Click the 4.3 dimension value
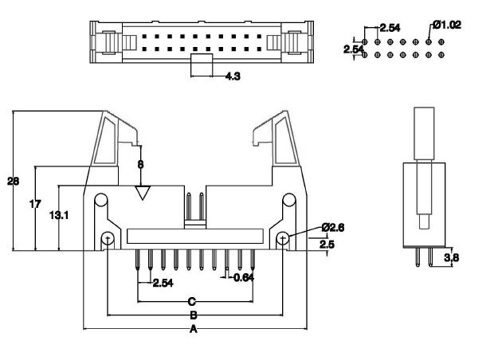(233, 76)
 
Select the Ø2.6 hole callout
(333, 228)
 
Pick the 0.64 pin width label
(243, 277)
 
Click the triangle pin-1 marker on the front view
(143, 193)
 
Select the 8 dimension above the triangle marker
(141, 164)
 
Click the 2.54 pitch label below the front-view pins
(162, 283)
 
